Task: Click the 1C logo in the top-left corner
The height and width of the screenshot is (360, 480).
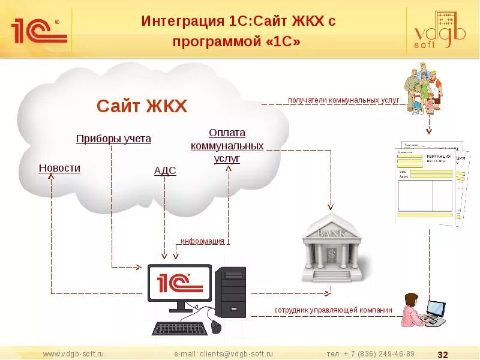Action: point(37,29)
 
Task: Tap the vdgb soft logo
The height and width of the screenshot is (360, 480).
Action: point(440,31)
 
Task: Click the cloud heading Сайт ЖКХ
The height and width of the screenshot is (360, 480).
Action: point(142,107)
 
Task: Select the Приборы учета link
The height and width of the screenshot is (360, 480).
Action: point(113,139)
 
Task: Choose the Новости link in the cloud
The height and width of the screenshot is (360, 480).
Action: point(59,168)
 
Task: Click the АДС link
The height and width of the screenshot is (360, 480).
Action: point(165,171)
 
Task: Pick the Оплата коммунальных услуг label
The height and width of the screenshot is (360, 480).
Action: point(227,146)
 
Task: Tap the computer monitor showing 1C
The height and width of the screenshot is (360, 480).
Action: point(179,284)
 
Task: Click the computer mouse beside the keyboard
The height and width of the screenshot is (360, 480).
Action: point(216,327)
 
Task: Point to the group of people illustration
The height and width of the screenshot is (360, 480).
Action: point(425,89)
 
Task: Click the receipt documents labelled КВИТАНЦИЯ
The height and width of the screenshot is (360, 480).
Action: point(430,184)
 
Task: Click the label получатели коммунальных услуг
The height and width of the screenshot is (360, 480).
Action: point(343,101)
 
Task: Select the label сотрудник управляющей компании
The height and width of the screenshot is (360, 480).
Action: point(333,310)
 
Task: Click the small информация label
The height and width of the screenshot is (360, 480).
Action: point(203,241)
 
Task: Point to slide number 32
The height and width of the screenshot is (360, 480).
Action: point(445,354)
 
